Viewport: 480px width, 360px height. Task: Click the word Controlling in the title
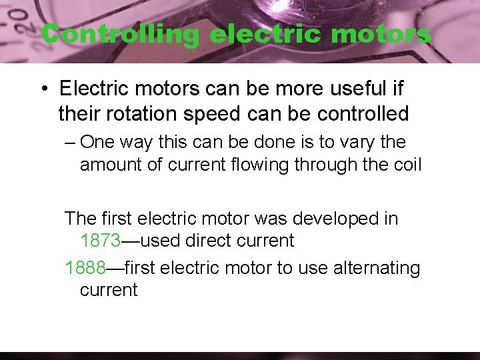(x=120, y=34)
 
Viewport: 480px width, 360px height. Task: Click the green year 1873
(x=101, y=240)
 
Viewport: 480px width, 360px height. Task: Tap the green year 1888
(x=85, y=268)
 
